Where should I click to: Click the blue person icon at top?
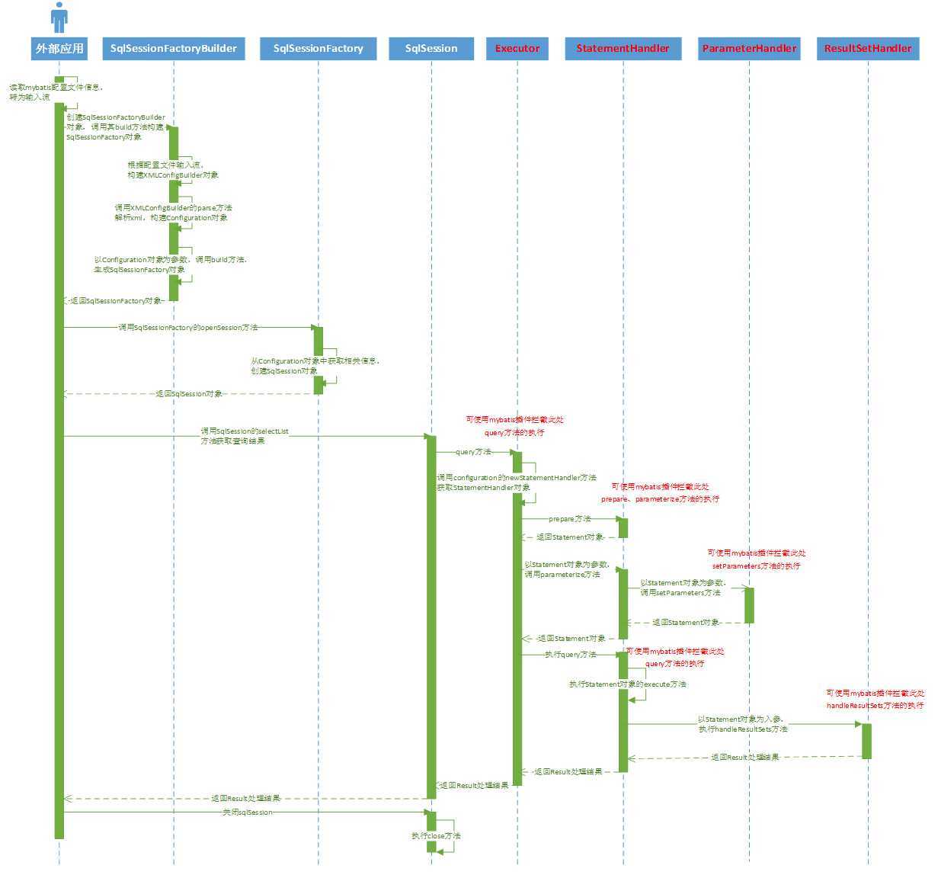pyautogui.click(x=59, y=17)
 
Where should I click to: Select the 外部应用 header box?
pyautogui.click(x=59, y=48)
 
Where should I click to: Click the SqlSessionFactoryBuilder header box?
pyautogui.click(x=174, y=48)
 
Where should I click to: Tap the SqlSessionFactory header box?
pyautogui.click(x=318, y=48)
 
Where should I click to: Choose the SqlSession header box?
pyautogui.click(x=431, y=48)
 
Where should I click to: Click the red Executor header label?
pyautogui.click(x=517, y=48)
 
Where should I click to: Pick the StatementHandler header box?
pyautogui.click(x=623, y=48)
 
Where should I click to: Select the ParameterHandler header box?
pyautogui.click(x=749, y=48)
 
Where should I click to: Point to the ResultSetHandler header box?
pyautogui.click(x=868, y=48)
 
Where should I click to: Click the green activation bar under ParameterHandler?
pyautogui.click(x=749, y=605)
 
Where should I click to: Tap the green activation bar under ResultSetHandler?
pyautogui.click(x=866, y=741)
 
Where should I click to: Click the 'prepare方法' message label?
pyautogui.click(x=569, y=519)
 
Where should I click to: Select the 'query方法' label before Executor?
pyautogui.click(x=473, y=452)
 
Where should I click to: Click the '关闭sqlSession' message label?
pyautogui.click(x=247, y=812)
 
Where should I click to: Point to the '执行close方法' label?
pyautogui.click(x=436, y=836)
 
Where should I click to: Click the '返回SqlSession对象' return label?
pyautogui.click(x=189, y=394)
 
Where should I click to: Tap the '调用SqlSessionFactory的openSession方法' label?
pyautogui.click(x=187, y=328)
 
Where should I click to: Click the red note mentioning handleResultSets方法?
pyautogui.click(x=875, y=700)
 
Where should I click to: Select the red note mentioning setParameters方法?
pyautogui.click(x=756, y=559)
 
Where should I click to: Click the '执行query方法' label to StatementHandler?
pyautogui.click(x=570, y=655)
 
